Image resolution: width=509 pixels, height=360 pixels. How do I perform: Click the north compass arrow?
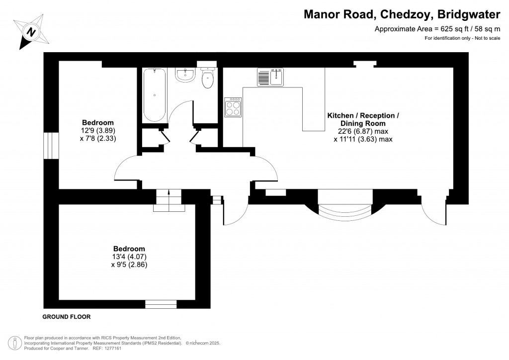click(31, 32)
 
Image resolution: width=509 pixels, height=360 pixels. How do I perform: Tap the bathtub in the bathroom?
click(154, 95)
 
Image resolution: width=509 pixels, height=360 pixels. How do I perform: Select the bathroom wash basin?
click(185, 76)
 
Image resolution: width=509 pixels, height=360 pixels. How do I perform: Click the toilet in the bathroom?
click(208, 78)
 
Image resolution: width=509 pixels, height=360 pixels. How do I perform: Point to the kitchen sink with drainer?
click(270, 78)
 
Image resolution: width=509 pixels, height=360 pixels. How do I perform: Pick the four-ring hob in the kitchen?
click(232, 107)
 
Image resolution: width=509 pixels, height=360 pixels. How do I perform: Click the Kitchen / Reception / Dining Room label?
click(362, 119)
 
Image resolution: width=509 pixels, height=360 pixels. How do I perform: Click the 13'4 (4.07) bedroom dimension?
click(129, 257)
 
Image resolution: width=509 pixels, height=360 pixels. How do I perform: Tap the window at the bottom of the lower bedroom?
click(161, 303)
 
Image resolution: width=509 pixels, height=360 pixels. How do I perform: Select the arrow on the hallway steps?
click(169, 192)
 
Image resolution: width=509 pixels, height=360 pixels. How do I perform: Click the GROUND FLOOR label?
click(67, 317)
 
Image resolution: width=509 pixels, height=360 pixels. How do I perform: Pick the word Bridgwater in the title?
click(471, 15)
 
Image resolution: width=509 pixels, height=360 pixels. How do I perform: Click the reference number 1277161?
click(110, 349)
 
